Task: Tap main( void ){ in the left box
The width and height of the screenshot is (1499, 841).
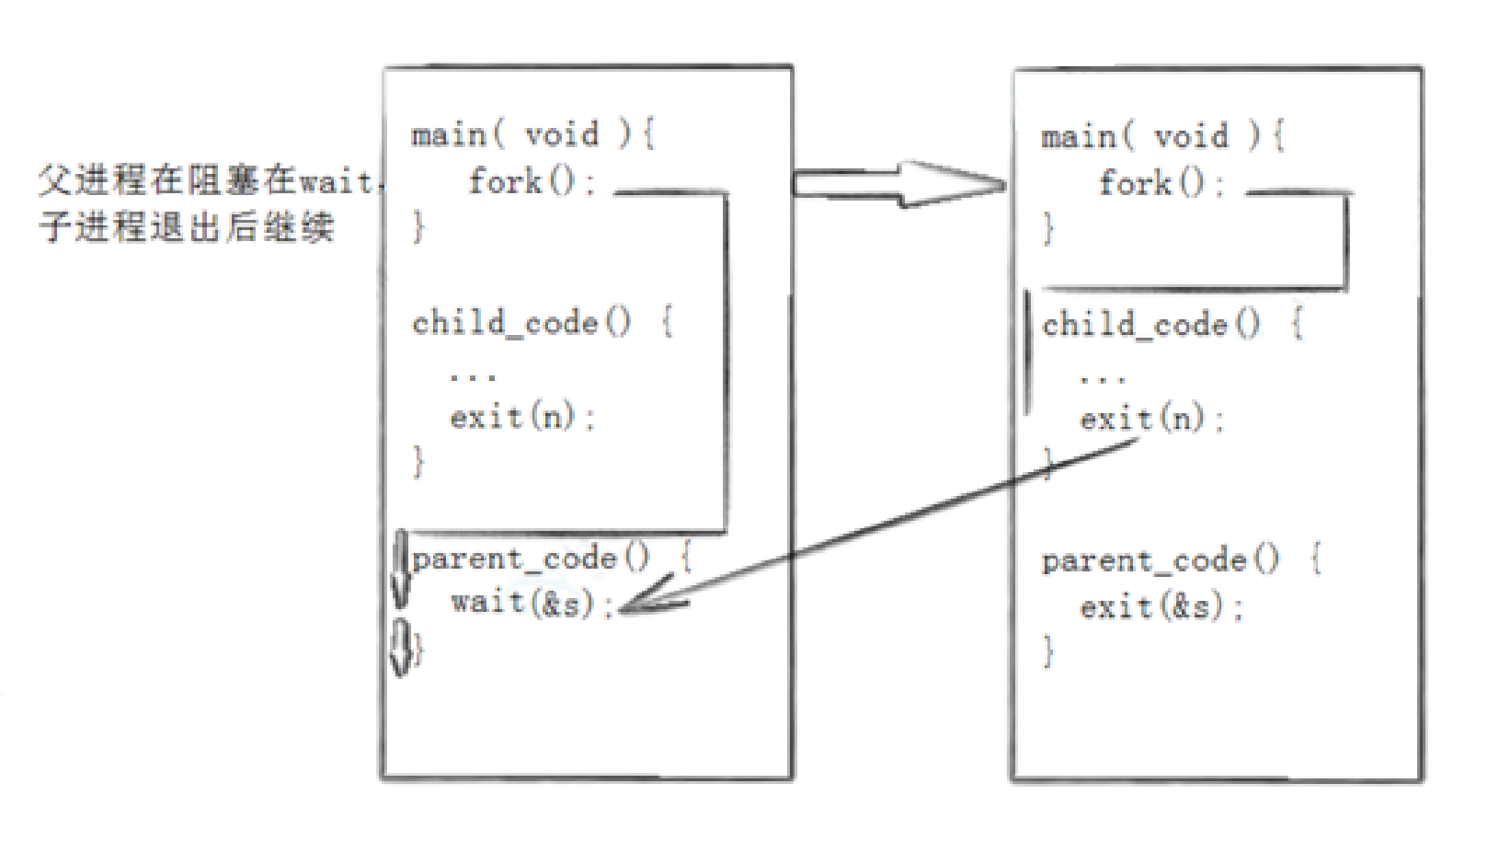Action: (532, 135)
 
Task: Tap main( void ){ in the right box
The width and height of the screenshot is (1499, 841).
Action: (1162, 137)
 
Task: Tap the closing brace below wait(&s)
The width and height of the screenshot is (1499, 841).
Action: (419, 650)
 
